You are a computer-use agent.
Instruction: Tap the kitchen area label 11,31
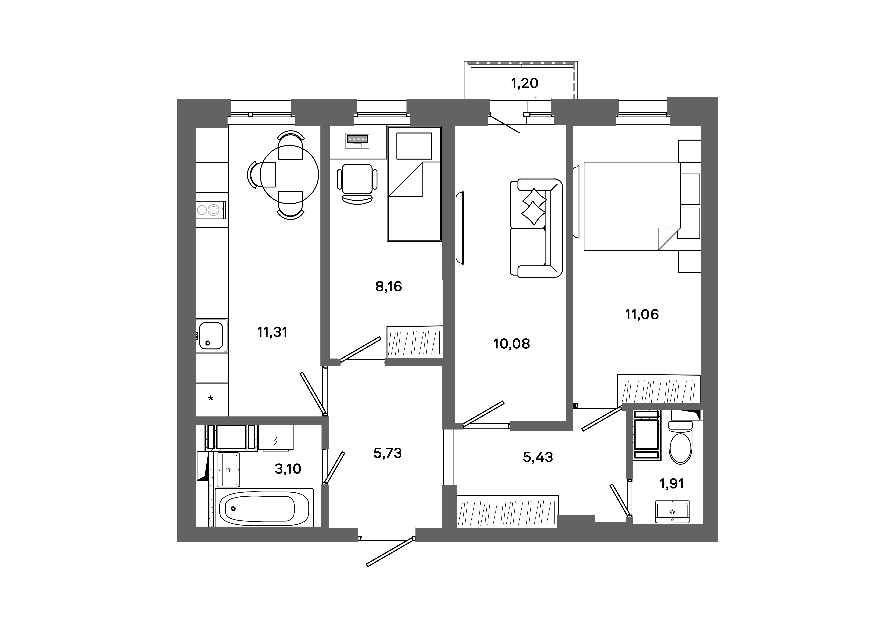pyautogui.click(x=272, y=332)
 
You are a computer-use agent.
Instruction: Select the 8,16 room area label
pyautogui.click(x=388, y=286)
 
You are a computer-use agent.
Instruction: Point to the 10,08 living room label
pyautogui.click(x=511, y=344)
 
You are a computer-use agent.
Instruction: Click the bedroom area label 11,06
pyautogui.click(x=642, y=314)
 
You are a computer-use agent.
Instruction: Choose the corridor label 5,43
pyautogui.click(x=538, y=457)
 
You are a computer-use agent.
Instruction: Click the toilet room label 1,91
pyautogui.click(x=672, y=484)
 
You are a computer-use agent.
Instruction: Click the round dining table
pyautogui.click(x=289, y=175)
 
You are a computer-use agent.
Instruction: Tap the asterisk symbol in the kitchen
pyautogui.click(x=211, y=399)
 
